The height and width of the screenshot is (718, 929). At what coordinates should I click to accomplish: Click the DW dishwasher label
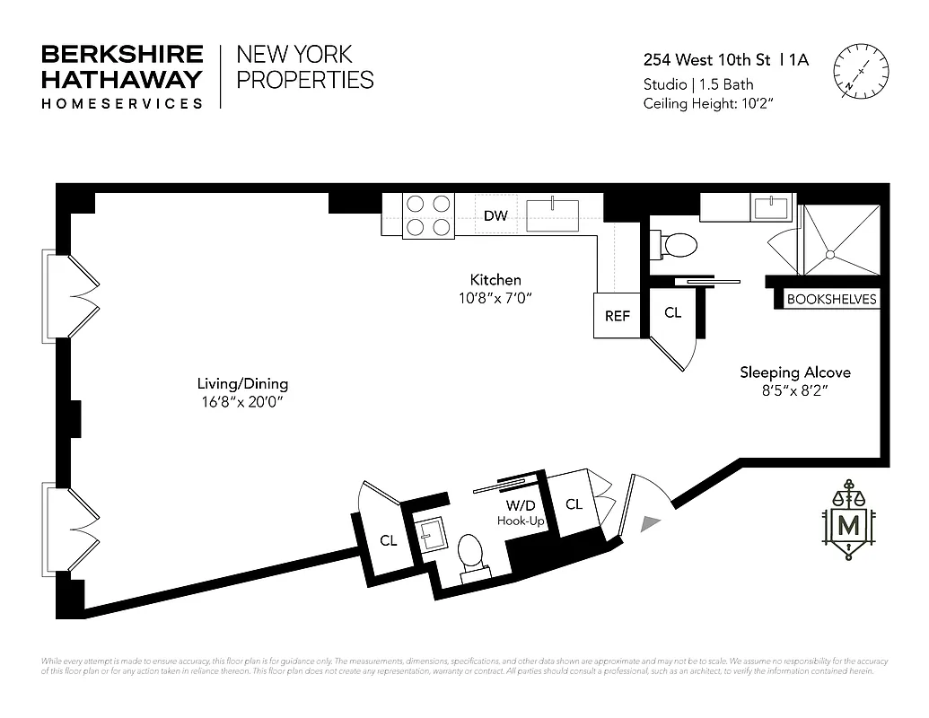495,215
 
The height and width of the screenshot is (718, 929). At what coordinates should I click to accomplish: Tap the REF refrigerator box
617,316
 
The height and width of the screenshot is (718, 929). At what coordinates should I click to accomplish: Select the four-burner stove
428,215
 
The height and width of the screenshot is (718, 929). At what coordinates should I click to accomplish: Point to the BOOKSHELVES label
831,300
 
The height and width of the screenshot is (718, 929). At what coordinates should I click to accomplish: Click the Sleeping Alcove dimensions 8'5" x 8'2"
794,391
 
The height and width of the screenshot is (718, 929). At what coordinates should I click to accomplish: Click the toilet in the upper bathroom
679,244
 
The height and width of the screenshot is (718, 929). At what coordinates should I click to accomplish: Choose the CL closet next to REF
672,313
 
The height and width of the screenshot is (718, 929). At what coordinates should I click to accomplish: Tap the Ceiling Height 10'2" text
708,103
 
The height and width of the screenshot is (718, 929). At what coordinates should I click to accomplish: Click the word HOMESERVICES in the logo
122,103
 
